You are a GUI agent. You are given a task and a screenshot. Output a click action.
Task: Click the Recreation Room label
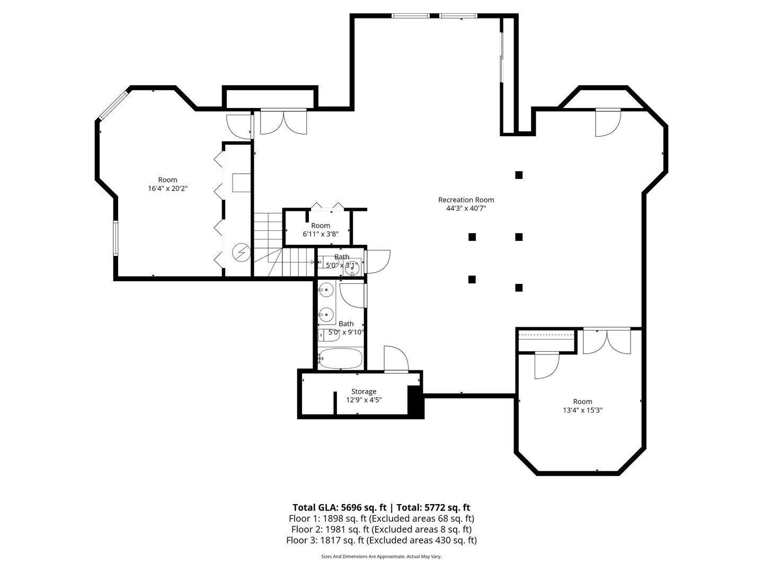(466, 200)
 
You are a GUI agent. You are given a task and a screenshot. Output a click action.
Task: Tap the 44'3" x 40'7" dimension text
(466, 209)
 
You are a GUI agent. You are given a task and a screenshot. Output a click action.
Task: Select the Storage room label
(363, 391)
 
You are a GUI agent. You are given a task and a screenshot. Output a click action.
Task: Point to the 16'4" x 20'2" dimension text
(167, 189)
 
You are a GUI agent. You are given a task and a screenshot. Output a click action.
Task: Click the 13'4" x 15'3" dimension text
(582, 410)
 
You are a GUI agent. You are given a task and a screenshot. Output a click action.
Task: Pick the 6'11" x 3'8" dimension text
(320, 234)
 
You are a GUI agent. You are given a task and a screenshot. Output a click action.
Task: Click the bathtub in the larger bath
(341, 359)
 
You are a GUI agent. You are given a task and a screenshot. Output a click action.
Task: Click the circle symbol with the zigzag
(242, 252)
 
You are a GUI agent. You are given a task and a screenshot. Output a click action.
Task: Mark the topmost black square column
(519, 175)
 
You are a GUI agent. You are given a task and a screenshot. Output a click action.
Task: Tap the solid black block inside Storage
(414, 401)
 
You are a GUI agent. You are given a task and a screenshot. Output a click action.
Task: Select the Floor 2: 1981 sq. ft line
(381, 529)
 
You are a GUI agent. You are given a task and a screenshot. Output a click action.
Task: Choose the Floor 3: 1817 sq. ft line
(381, 540)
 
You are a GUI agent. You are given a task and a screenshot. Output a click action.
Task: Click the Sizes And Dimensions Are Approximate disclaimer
(381, 557)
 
